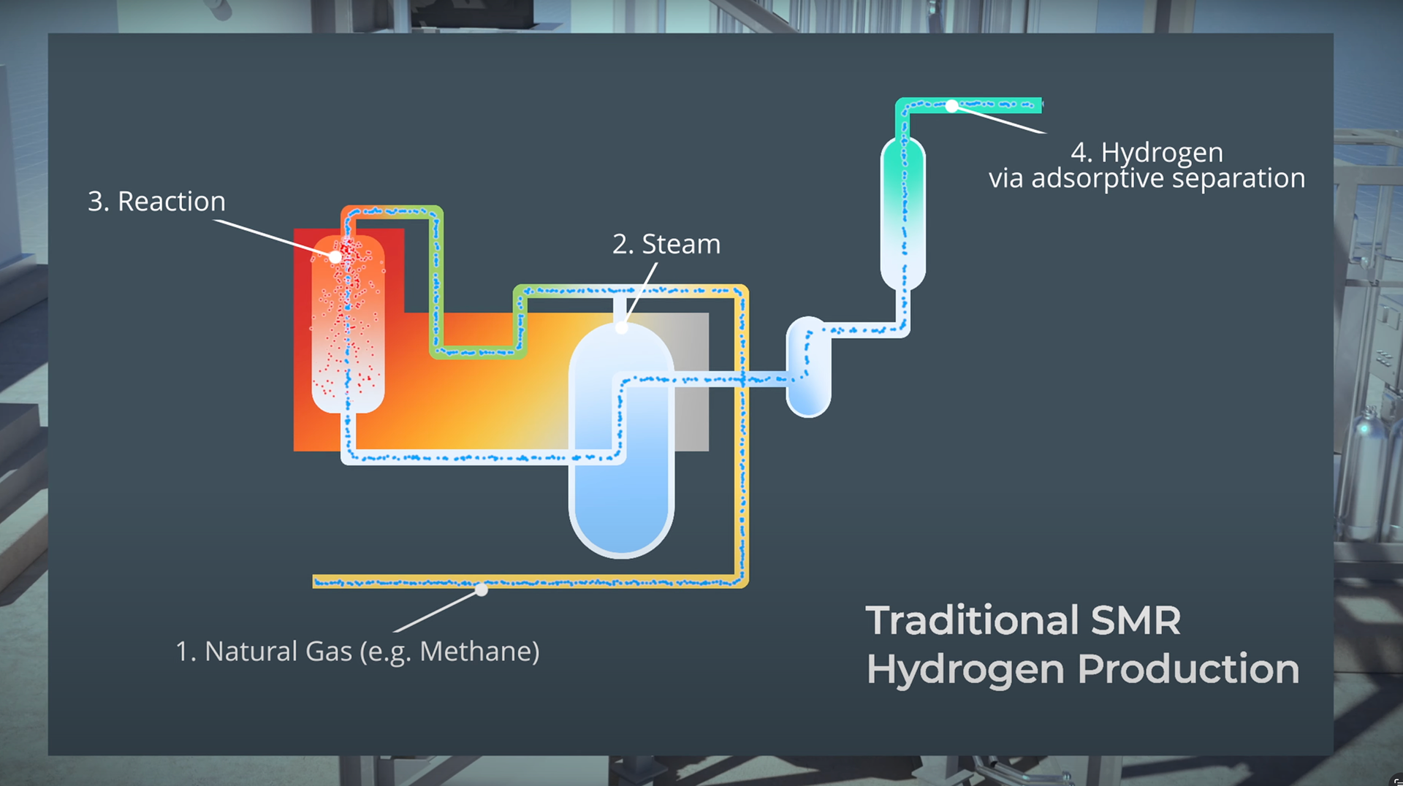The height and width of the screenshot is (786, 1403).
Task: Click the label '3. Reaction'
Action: [156, 202]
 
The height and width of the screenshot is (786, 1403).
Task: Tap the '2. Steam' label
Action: [666, 244]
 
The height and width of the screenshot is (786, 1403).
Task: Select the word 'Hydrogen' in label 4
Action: [1162, 153]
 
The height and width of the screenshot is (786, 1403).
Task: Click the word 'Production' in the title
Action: [1188, 669]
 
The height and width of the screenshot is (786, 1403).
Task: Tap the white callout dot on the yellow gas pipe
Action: [482, 589]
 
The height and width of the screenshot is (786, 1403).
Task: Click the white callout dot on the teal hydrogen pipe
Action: [951, 106]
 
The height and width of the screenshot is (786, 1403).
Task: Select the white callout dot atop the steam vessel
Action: [621, 327]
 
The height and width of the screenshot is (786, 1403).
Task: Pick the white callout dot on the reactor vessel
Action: [335, 257]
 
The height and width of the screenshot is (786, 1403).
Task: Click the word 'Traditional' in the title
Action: [972, 621]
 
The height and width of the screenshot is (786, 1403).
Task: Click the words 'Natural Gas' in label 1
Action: [278, 651]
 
